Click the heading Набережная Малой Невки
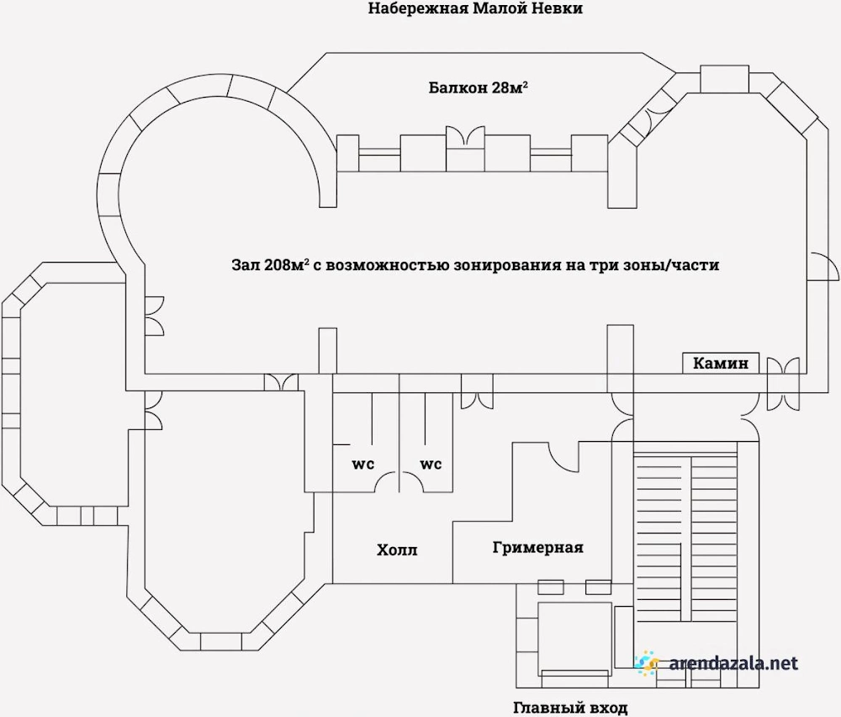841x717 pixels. (474, 8)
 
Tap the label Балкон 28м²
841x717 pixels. (478, 87)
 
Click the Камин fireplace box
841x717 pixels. (721, 363)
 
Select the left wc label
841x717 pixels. (363, 464)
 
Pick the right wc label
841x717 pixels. (431, 464)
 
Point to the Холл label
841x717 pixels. (397, 550)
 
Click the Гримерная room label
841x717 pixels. (537, 548)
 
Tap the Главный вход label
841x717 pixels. (570, 708)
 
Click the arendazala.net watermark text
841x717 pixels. (733, 663)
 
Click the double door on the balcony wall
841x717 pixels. (466, 135)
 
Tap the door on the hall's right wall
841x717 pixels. (822, 266)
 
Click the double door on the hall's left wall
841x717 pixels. (155, 316)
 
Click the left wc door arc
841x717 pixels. (386, 481)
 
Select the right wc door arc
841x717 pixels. (412, 481)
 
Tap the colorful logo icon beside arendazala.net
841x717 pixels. (646, 662)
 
